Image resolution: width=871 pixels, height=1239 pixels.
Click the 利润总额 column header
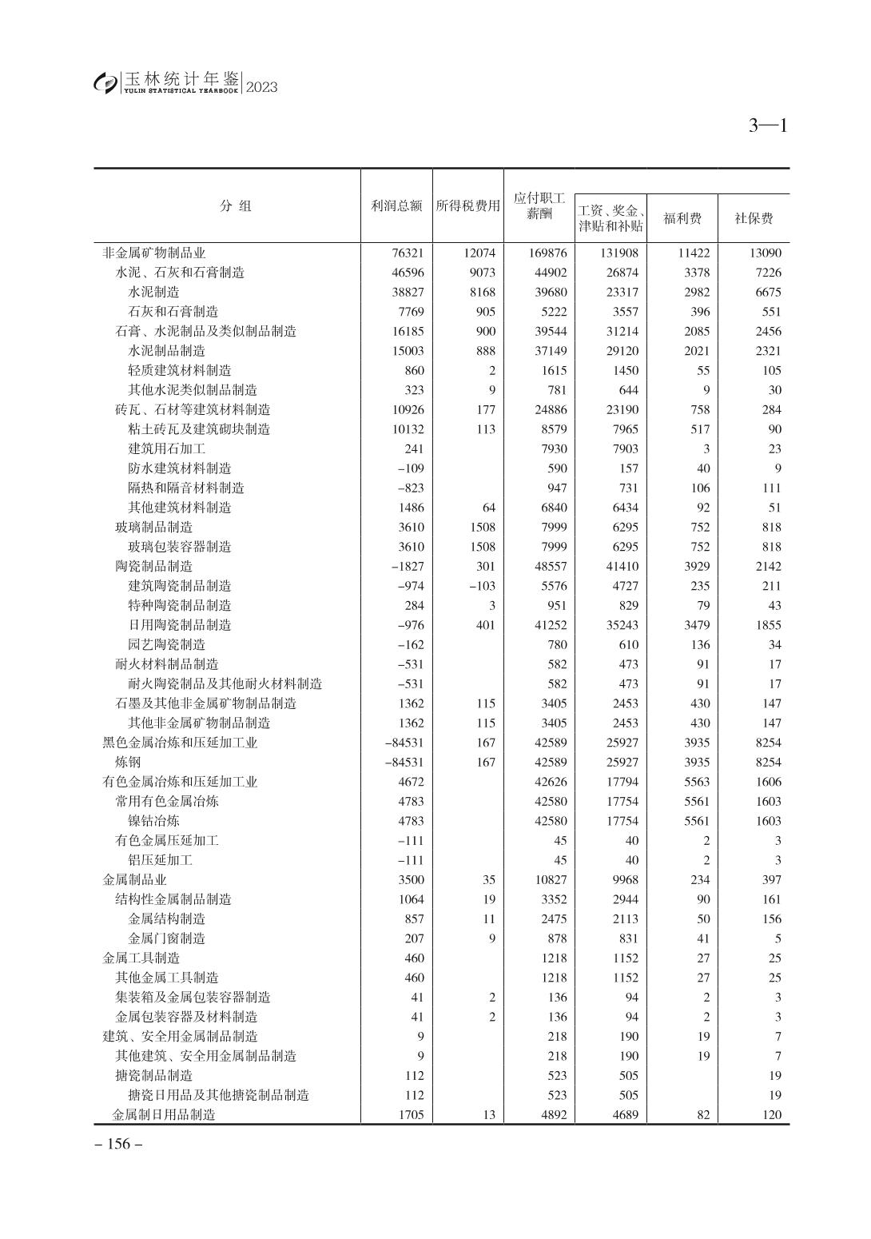click(397, 206)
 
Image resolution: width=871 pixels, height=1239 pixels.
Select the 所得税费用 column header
click(468, 206)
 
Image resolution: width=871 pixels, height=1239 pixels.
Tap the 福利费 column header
click(682, 218)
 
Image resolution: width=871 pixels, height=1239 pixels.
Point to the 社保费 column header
click(754, 218)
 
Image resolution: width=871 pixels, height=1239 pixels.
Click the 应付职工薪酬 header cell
click(539, 205)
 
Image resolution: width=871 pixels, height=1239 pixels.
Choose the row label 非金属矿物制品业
click(154, 253)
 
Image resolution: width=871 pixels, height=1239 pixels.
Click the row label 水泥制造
click(154, 293)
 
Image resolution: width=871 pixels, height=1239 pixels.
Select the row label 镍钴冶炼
click(154, 821)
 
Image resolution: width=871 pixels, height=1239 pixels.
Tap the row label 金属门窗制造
click(167, 938)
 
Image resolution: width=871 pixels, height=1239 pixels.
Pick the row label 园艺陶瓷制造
click(167, 645)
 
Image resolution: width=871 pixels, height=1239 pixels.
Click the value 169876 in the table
click(547, 253)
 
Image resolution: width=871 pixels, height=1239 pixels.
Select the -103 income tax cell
click(482, 586)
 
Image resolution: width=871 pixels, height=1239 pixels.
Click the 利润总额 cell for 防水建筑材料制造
click(411, 468)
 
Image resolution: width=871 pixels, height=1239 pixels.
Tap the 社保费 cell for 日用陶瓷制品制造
click(768, 625)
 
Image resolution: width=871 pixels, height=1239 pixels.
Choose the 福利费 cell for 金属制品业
click(700, 880)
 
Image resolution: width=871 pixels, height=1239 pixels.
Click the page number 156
click(118, 1144)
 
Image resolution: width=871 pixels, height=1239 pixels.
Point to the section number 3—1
click(768, 125)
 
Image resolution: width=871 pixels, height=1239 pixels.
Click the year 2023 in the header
click(262, 87)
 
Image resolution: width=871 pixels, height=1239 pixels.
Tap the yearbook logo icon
click(105, 82)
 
